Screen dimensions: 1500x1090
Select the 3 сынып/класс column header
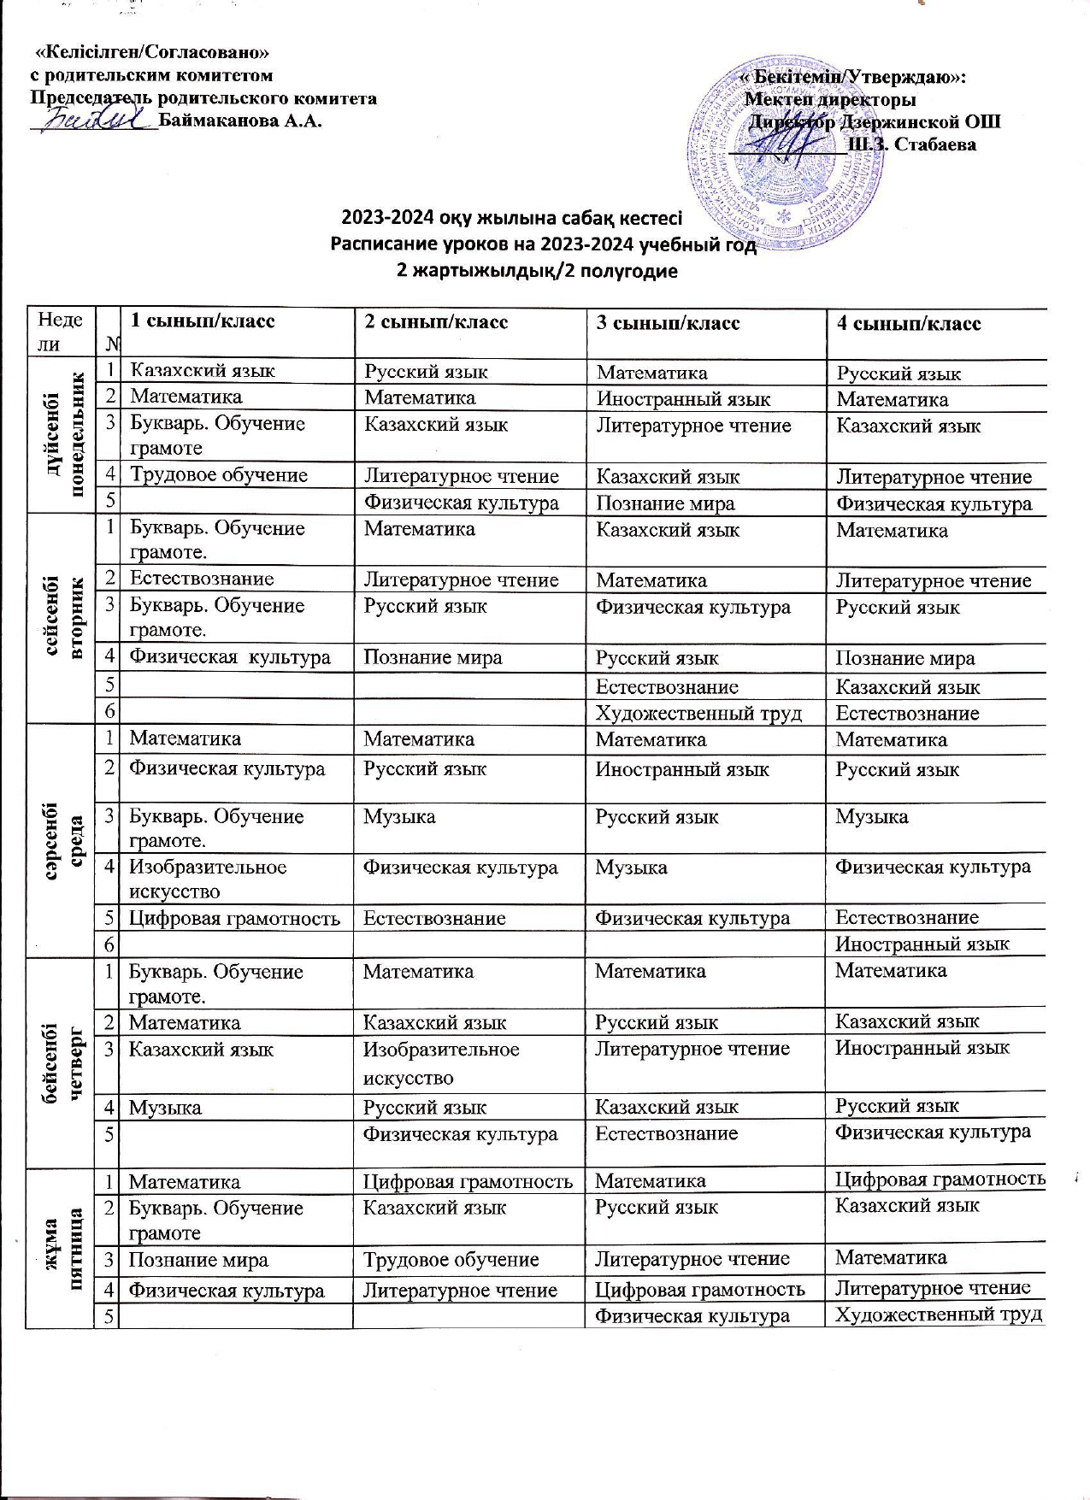668,322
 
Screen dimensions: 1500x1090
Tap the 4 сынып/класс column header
908,323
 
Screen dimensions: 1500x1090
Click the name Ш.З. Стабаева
910,144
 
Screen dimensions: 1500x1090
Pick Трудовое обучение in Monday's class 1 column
218,475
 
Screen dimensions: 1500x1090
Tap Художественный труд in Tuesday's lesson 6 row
698,713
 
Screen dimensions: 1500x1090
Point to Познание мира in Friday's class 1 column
197,1260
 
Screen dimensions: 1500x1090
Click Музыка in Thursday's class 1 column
165,1108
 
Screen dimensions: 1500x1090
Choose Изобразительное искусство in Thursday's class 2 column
441,1063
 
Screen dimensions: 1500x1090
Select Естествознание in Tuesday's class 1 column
202,579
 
